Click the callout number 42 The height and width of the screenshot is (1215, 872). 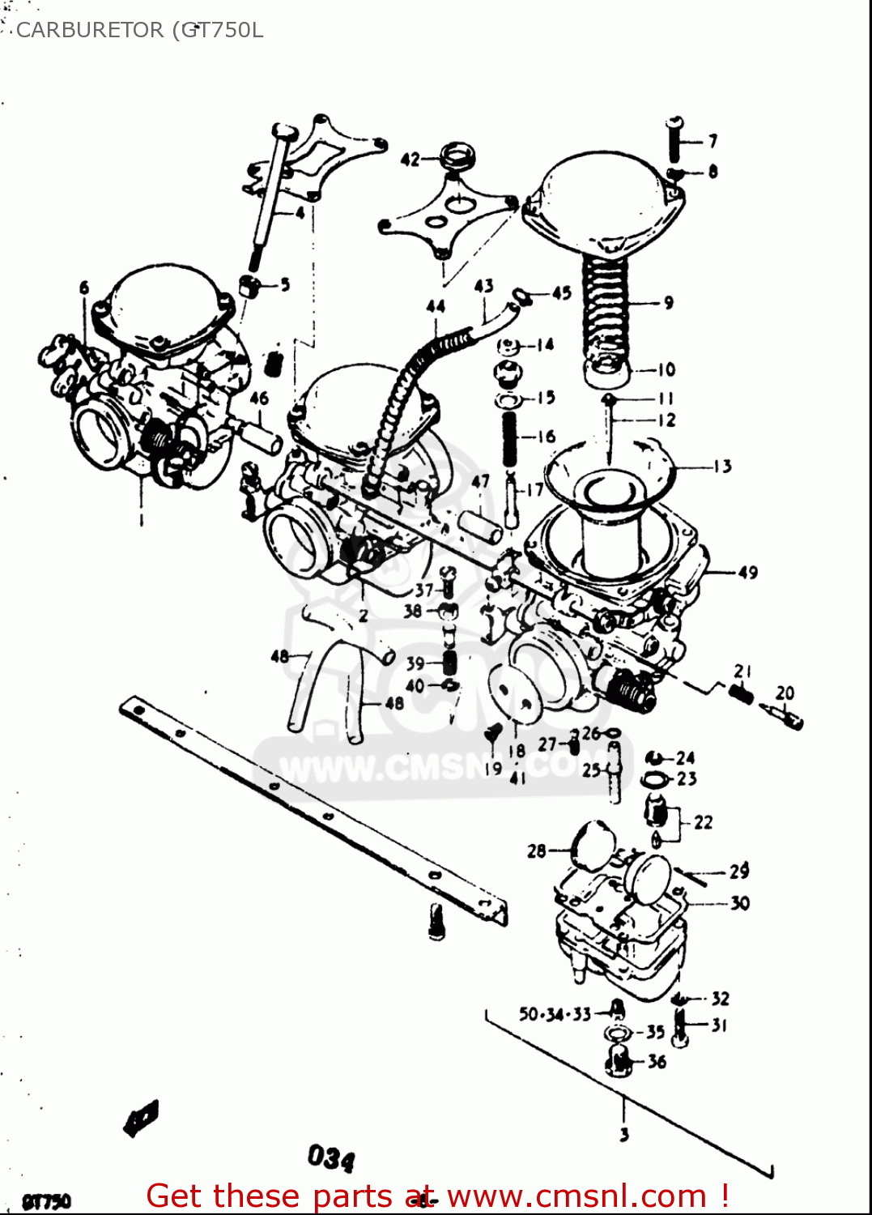(410, 160)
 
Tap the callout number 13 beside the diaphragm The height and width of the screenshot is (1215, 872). (722, 467)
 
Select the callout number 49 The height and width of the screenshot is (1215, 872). (747, 573)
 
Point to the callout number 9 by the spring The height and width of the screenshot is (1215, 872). (668, 303)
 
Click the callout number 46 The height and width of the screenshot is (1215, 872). (259, 398)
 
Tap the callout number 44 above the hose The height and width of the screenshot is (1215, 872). (436, 306)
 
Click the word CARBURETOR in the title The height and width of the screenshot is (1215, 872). (89, 30)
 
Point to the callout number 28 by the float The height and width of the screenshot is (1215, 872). (537, 850)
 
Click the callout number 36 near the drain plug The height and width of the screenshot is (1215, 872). (657, 1061)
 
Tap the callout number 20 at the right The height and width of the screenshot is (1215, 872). (785, 693)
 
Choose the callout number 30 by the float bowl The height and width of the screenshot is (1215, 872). (740, 903)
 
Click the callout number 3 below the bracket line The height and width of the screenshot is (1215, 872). (623, 1135)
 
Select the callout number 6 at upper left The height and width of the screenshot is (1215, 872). (84, 288)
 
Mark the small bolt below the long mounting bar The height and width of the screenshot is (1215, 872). (436, 922)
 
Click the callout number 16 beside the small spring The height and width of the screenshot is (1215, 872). (547, 437)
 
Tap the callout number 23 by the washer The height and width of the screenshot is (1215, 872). (687, 779)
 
